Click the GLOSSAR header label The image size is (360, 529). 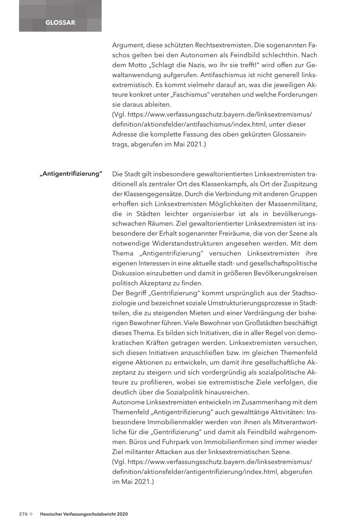click(60, 23)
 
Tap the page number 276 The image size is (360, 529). click(23, 514)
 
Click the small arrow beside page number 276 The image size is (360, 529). click(31, 514)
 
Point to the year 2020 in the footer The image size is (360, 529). click(122, 514)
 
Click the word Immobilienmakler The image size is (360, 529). click(172, 422)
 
